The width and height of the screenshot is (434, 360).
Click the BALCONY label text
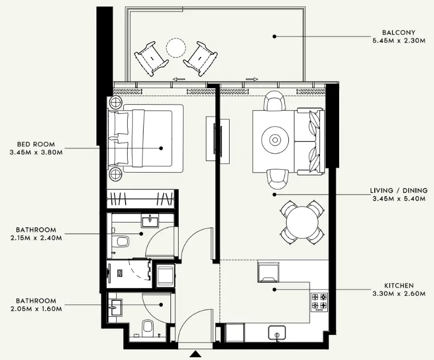(x=399, y=32)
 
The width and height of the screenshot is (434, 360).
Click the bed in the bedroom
(x=148, y=140)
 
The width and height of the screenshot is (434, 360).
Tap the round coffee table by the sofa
(x=273, y=140)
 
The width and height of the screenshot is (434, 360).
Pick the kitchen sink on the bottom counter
(x=277, y=332)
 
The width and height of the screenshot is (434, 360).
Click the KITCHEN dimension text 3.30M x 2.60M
(x=399, y=294)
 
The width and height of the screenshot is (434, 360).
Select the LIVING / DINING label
(x=398, y=191)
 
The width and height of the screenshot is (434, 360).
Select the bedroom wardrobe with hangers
(x=141, y=198)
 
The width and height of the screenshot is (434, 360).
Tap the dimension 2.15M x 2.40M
(x=36, y=237)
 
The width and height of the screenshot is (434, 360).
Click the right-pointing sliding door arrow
(x=252, y=79)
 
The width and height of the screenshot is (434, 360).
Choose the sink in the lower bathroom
(x=117, y=307)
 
